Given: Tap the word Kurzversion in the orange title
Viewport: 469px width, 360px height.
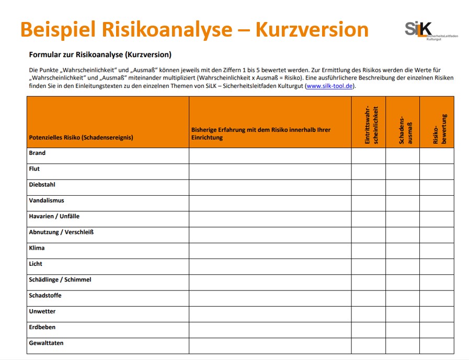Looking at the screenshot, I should (312, 29).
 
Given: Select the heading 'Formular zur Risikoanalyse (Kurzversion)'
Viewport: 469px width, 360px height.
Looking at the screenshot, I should (100, 54).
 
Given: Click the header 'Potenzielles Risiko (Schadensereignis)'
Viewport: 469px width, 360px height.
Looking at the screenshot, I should (81, 138).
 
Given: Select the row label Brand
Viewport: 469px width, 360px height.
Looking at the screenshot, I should (37, 153).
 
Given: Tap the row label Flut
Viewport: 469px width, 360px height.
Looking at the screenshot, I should (35, 169).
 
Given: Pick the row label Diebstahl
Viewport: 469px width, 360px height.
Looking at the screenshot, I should (42, 185).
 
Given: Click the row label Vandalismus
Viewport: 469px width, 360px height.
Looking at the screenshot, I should (47, 200).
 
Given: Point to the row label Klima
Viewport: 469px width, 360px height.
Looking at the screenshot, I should (37, 248).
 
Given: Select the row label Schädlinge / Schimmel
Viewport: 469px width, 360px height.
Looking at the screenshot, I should (60, 280).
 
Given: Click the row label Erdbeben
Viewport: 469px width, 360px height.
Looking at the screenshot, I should (42, 328).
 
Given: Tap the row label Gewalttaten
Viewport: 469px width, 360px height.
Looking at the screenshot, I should (46, 343).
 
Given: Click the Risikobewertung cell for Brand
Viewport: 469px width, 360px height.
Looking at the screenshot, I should (437, 155).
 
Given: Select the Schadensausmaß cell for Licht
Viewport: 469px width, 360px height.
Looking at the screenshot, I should (403, 266).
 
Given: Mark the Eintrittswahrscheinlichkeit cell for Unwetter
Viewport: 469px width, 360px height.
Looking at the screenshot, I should (369, 314).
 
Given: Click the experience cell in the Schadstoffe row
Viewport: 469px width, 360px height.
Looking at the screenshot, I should (270, 298).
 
